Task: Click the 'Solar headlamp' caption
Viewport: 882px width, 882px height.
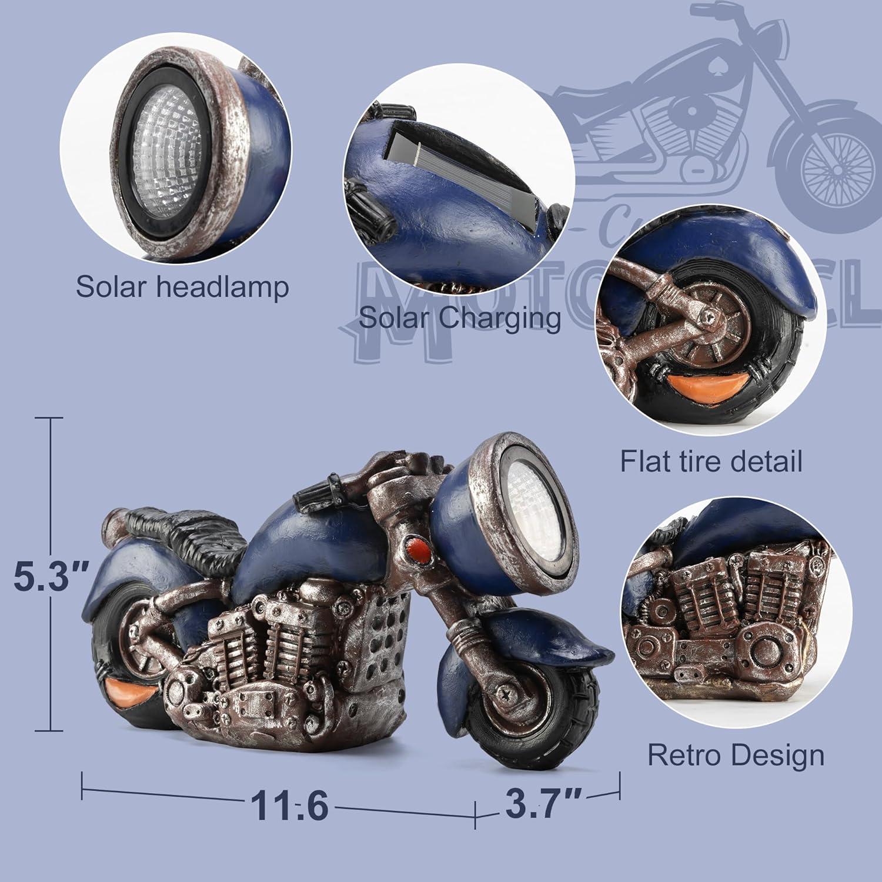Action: [x=182, y=286]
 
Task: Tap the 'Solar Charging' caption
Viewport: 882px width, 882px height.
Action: [x=460, y=318]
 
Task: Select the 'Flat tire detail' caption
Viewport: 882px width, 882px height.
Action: [x=711, y=461]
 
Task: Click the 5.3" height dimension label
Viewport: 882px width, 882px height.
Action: [x=52, y=577]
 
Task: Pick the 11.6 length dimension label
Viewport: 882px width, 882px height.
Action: [x=289, y=805]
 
